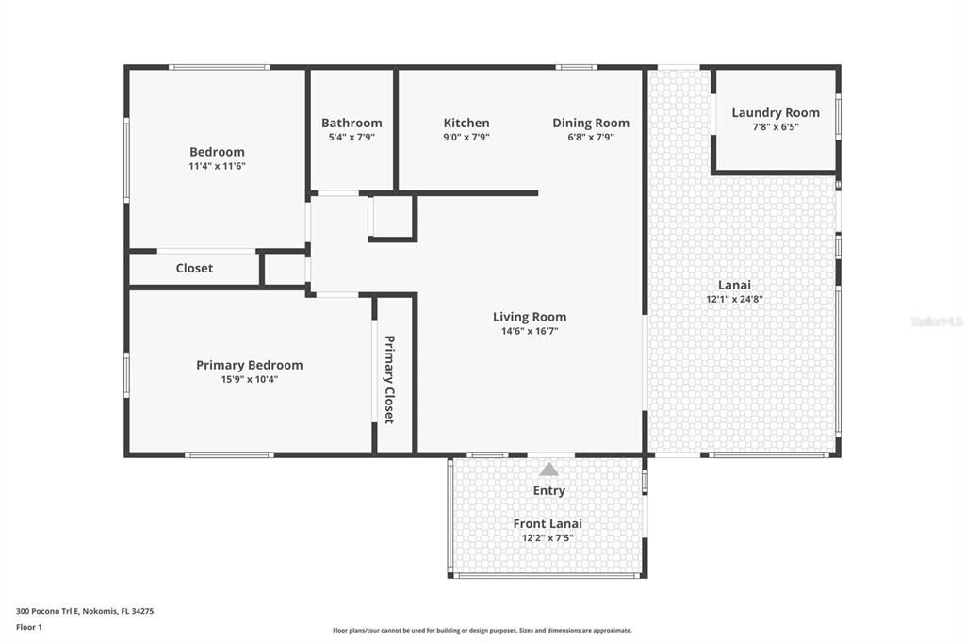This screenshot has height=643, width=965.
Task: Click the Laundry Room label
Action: pyautogui.click(x=775, y=112)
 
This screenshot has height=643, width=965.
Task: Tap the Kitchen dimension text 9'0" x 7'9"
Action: pyautogui.click(x=466, y=137)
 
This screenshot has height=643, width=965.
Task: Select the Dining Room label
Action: pyautogui.click(x=591, y=123)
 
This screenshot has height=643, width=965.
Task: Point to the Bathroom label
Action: pyautogui.click(x=352, y=123)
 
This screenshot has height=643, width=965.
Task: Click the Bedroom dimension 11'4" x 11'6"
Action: pyautogui.click(x=217, y=166)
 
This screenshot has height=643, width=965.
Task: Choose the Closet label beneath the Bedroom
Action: pyautogui.click(x=194, y=268)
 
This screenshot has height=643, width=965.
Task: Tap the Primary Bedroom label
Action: pyautogui.click(x=249, y=365)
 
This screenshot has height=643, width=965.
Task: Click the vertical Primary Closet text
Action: pyautogui.click(x=388, y=379)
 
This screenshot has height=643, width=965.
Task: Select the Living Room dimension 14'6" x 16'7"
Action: pyautogui.click(x=529, y=331)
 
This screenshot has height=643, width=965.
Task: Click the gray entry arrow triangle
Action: pyautogui.click(x=548, y=469)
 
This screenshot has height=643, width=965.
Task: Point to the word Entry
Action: pyautogui.click(x=548, y=490)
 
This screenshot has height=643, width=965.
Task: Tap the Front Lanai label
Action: pyautogui.click(x=548, y=523)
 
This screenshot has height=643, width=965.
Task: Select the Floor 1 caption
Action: pyautogui.click(x=29, y=626)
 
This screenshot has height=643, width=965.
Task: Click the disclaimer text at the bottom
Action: pyautogui.click(x=482, y=630)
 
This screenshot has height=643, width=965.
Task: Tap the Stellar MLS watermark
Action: pyautogui.click(x=936, y=321)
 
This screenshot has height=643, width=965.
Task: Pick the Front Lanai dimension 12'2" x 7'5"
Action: pyautogui.click(x=548, y=537)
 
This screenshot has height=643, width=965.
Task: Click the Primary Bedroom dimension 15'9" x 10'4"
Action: pyautogui.click(x=249, y=379)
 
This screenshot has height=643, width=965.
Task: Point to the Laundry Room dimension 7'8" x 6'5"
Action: pyautogui.click(x=775, y=126)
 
